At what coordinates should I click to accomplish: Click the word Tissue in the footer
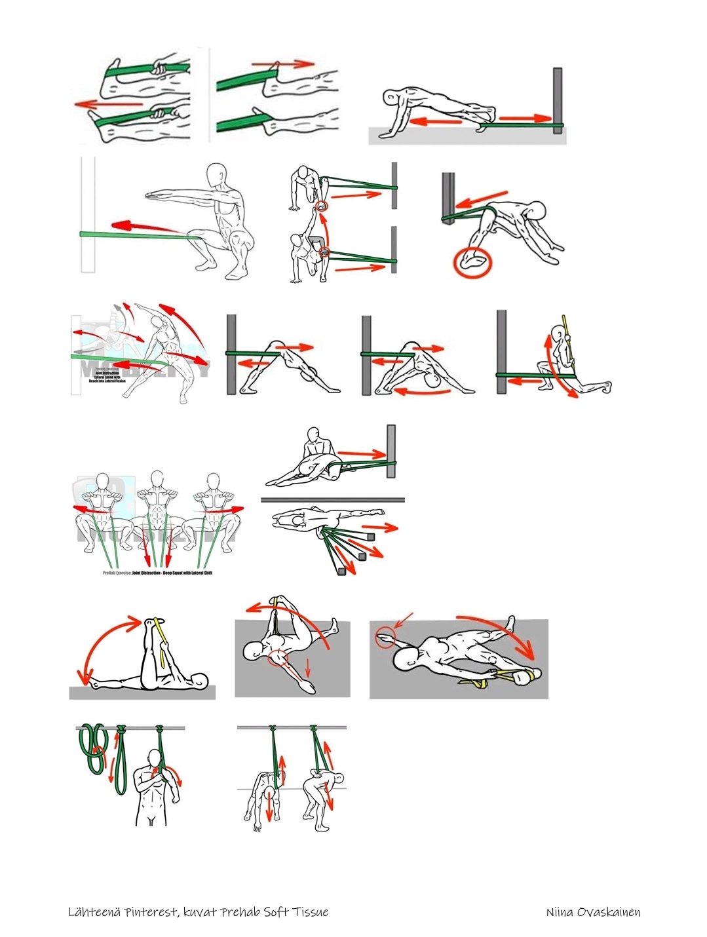coord(311,912)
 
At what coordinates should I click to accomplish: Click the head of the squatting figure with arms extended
coord(218,176)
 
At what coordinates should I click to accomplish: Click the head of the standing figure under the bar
coord(155,759)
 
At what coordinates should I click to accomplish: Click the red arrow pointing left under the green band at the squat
coord(145,227)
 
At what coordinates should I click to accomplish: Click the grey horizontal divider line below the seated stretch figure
coord(332,500)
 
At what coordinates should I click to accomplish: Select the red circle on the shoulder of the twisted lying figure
coord(278,656)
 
